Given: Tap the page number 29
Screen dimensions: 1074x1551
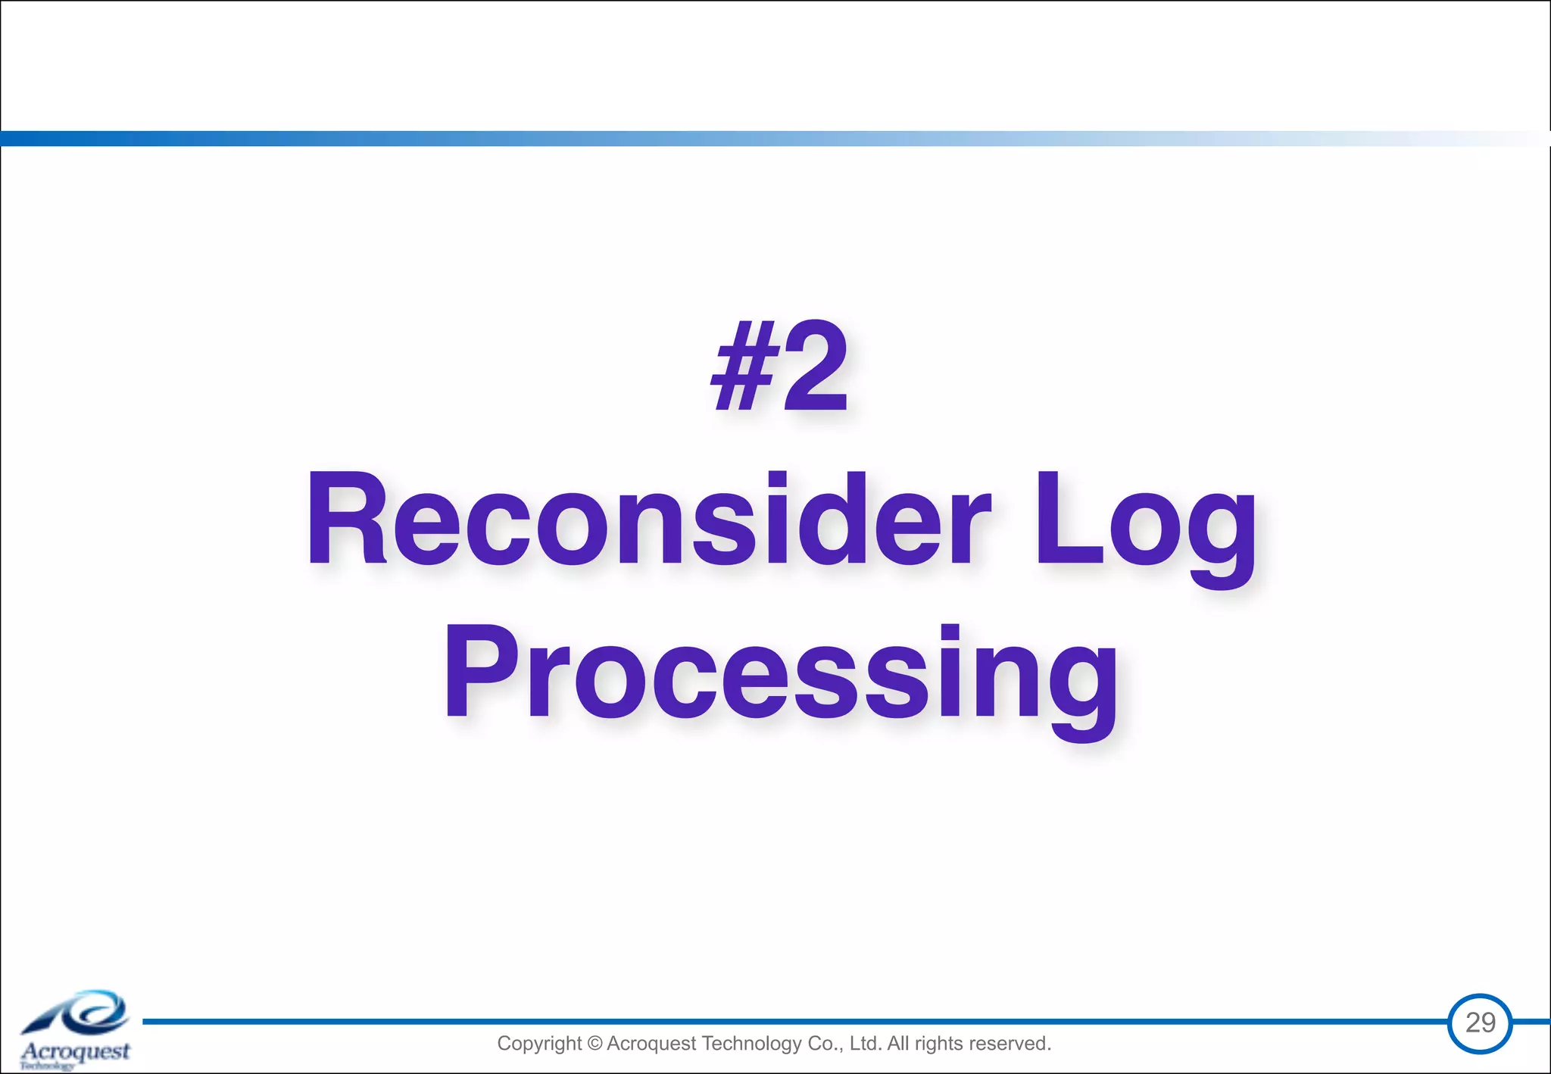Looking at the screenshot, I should [1480, 1022].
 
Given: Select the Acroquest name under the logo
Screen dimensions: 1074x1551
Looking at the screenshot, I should [76, 1051].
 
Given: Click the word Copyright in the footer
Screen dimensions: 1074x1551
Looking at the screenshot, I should [539, 1044].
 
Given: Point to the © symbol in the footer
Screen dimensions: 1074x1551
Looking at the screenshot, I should [594, 1044].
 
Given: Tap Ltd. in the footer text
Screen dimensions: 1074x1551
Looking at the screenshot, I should [865, 1044].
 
